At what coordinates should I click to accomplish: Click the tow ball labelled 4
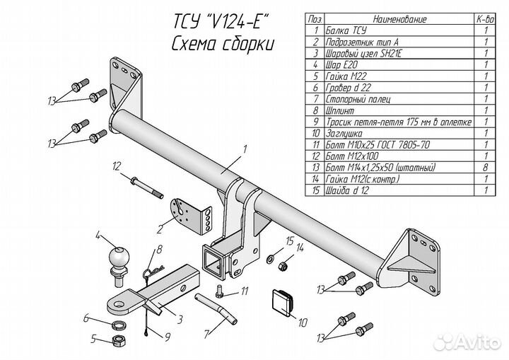[118, 259]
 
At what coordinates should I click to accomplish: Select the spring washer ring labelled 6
[120, 325]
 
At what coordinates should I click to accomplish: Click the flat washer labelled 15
[272, 259]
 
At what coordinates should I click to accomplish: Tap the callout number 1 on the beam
[244, 149]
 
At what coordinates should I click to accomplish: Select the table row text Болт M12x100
[356, 156]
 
